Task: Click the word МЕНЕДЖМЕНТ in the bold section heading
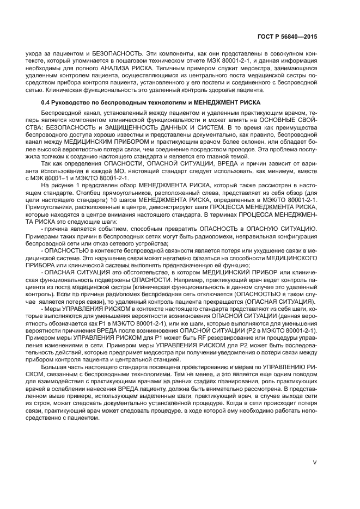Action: pos(197,102)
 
